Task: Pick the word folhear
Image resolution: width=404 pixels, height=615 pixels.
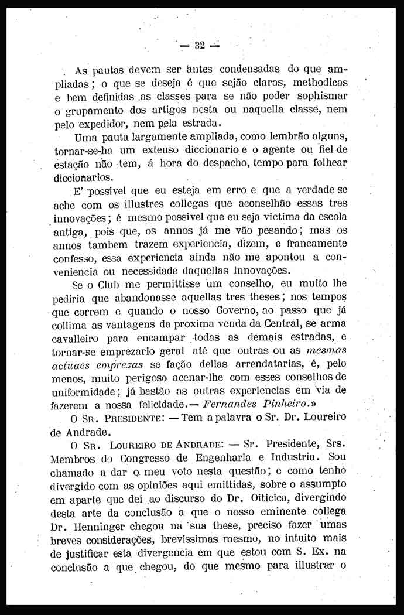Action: pos(324,163)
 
